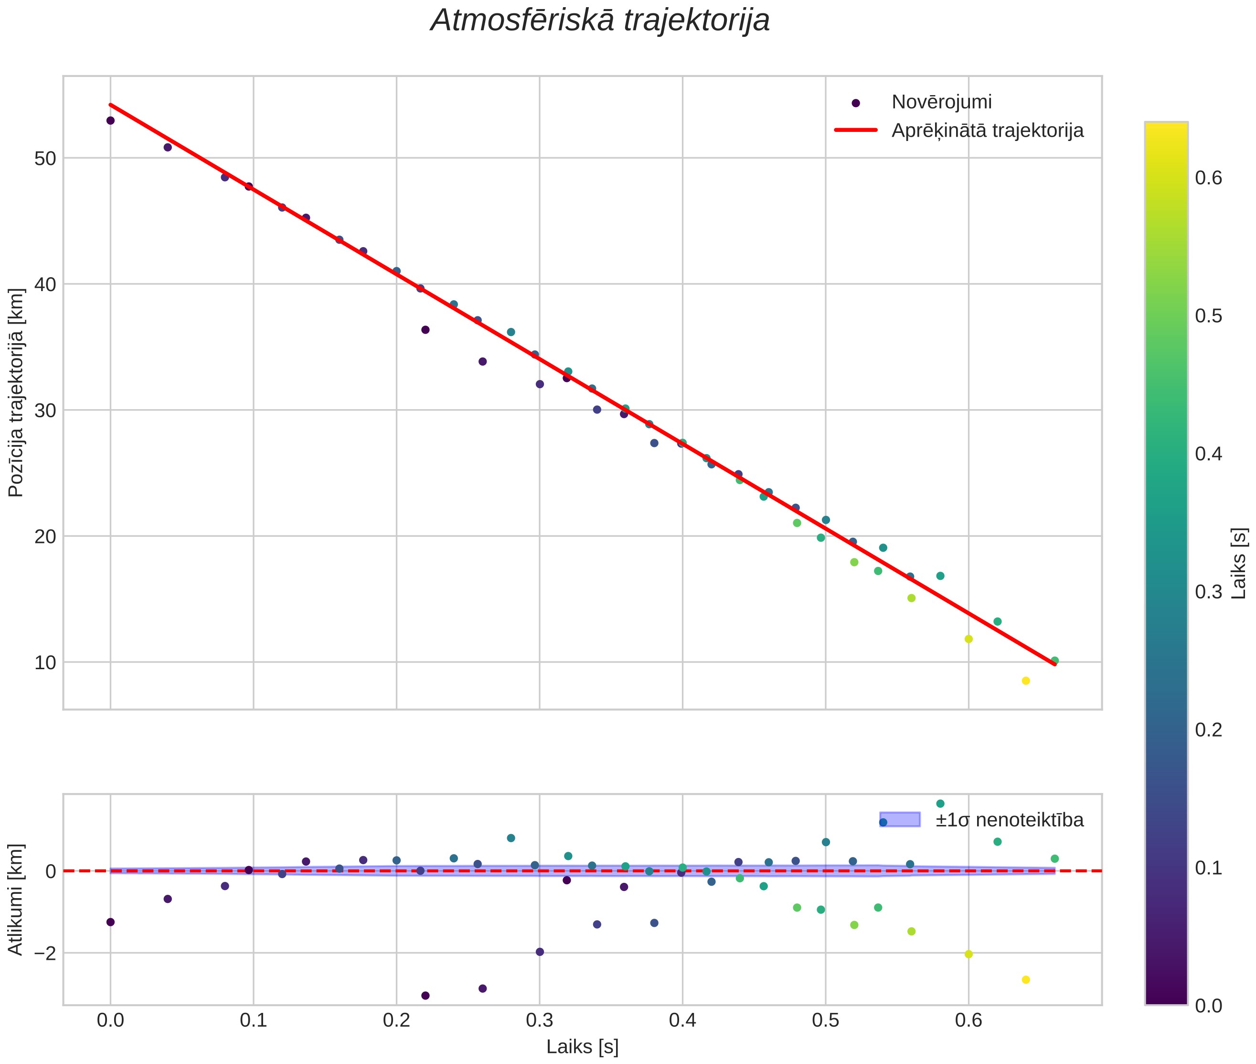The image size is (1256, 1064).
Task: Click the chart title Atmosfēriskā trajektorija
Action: click(600, 21)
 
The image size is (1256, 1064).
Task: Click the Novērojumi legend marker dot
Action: click(855, 103)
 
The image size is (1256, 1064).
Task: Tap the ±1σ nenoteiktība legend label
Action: click(1010, 820)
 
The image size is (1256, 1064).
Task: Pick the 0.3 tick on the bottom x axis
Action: click(539, 1021)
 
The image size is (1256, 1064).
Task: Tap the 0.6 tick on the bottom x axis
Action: click(969, 1021)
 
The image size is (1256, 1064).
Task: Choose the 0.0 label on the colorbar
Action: click(1208, 1006)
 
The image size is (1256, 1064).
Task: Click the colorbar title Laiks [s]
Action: click(1238, 564)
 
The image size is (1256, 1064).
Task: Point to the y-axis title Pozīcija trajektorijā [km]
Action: click(16, 393)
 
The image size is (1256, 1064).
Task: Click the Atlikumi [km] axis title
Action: click(16, 900)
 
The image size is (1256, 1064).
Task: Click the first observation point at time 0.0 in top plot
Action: click(110, 120)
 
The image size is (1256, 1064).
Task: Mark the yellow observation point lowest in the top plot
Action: click(1026, 681)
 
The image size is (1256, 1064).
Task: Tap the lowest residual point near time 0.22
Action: click(426, 996)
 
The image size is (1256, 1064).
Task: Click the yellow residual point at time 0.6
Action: click(969, 954)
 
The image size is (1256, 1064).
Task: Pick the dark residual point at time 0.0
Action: click(110, 922)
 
